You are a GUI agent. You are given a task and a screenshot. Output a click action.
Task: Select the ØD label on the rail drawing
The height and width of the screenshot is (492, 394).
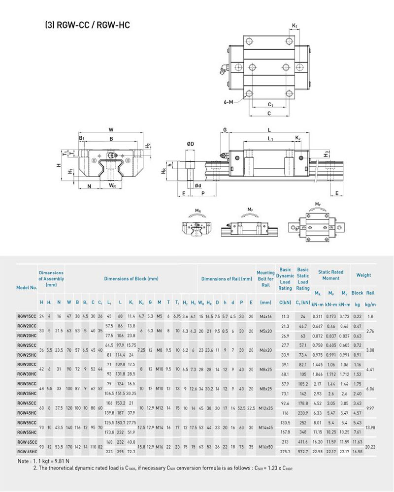[190, 144]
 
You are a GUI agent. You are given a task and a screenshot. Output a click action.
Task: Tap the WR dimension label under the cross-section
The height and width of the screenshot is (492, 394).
[112, 186]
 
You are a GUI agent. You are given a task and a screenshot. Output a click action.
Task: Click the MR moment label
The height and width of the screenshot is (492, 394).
[197, 211]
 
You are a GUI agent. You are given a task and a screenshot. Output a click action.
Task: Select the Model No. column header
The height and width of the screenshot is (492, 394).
[27, 287]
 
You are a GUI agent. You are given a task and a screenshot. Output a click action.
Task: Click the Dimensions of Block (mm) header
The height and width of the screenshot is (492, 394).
[131, 279]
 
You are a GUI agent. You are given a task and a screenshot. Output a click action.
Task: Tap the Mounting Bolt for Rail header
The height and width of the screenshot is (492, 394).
[265, 278]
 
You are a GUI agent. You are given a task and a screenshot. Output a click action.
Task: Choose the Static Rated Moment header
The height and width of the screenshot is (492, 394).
[330, 275]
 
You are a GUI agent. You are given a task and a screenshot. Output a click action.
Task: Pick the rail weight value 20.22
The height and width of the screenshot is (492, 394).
[371, 447]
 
